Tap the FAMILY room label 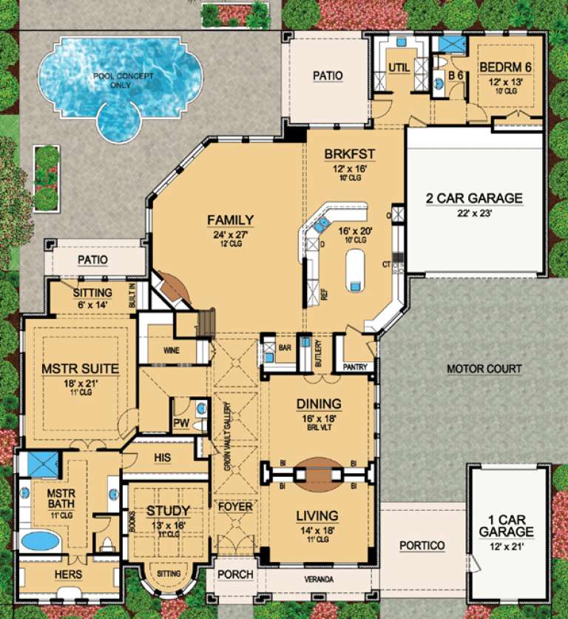230,220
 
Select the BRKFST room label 350,154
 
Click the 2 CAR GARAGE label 473,198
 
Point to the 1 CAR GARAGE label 505,526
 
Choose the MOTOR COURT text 484,369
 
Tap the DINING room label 319,404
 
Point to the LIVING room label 318,515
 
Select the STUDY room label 167,511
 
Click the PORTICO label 422,546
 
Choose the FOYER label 234,507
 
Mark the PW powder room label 180,424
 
